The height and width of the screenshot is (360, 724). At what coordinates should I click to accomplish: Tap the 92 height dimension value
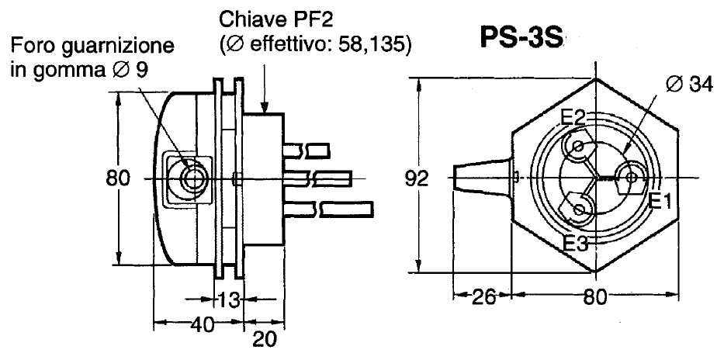(417, 179)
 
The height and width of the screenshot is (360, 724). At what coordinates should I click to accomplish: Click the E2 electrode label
(573, 118)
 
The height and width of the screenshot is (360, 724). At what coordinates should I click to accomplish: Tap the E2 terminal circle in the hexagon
(577, 146)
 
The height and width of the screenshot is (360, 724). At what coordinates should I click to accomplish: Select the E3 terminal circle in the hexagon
(579, 208)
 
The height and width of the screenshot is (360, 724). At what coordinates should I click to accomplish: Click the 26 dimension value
(482, 296)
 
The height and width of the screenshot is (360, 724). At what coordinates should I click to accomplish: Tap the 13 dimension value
(225, 299)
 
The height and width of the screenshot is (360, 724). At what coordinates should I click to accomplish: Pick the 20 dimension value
(264, 338)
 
